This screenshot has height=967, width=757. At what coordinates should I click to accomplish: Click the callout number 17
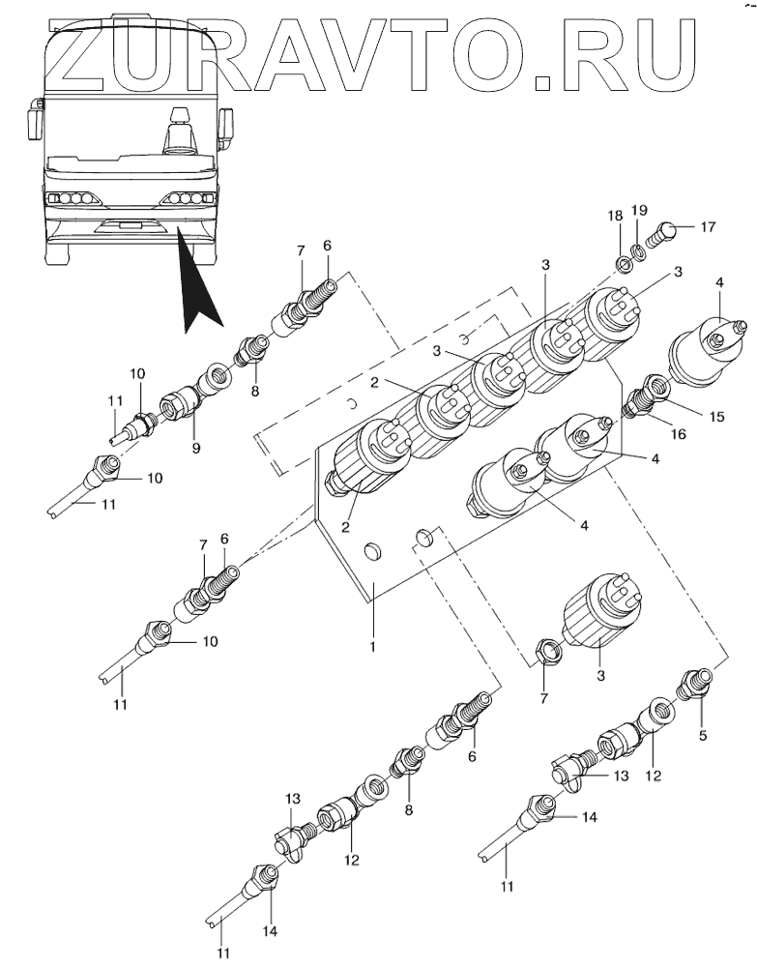[708, 227]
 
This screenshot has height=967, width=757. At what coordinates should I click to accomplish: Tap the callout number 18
[615, 216]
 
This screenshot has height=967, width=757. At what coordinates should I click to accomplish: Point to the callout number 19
[639, 210]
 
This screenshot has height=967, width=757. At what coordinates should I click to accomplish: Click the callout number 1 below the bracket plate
[372, 647]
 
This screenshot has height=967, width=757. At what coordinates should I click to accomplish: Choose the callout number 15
[715, 416]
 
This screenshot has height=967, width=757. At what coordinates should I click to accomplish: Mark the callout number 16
[678, 434]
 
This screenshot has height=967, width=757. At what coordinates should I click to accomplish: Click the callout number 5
[703, 735]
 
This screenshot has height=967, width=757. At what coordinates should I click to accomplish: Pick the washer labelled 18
[624, 266]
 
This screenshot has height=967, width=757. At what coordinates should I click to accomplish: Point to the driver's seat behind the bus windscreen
[179, 131]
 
